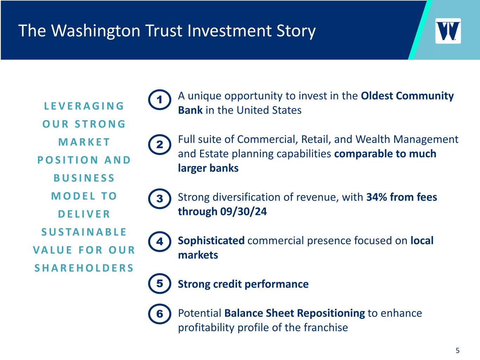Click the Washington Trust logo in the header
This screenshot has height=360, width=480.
click(448, 31)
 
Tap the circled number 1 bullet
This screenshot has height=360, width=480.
click(160, 100)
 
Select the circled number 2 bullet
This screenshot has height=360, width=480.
click(160, 144)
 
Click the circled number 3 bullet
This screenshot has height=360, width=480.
click(160, 199)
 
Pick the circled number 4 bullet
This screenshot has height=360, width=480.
click(160, 242)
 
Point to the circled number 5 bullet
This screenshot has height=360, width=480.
click(160, 283)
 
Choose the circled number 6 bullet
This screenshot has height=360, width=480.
click(160, 314)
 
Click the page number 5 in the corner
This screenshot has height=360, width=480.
click(457, 351)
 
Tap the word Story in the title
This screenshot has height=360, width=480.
click(296, 31)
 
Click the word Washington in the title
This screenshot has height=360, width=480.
click(96, 31)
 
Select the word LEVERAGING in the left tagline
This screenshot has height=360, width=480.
click(84, 106)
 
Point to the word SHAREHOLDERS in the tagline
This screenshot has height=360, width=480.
click(84, 268)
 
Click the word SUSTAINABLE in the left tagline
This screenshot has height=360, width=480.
click(84, 232)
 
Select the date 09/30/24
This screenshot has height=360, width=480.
click(243, 212)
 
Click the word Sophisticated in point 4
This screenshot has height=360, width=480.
click(211, 241)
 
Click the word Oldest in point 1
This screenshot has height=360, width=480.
click(377, 96)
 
